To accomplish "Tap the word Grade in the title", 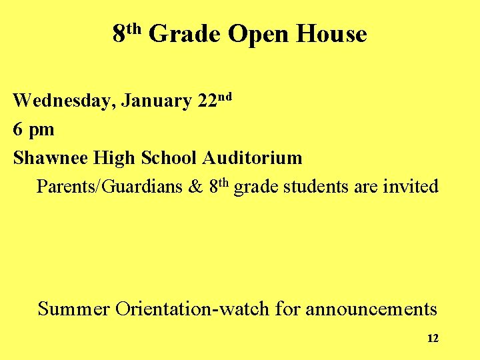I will click(184, 33).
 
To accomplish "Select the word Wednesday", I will click(63, 101).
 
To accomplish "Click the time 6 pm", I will click(33, 129).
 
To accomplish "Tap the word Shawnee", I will click(51, 158).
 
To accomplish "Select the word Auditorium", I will click(252, 158).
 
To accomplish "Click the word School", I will click(169, 158).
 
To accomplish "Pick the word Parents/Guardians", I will click(109, 187).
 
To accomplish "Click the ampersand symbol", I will click(195, 186).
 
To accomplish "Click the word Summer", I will click(74, 309).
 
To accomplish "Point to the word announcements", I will click(371, 309).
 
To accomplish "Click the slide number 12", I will click(433, 339).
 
